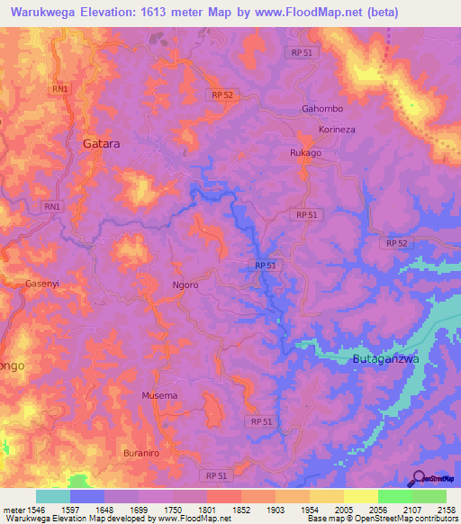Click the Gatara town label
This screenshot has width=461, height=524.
click(101, 142)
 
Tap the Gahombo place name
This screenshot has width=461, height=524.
click(322, 109)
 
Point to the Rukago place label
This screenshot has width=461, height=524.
click(305, 153)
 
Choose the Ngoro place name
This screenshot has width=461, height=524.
click(185, 285)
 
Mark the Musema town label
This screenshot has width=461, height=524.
click(159, 395)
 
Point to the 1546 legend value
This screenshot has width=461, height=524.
click(30, 509)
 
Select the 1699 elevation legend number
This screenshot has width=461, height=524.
click(139, 509)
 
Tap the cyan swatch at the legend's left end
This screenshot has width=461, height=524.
click(53, 496)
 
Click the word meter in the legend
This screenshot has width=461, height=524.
click(9, 509)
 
